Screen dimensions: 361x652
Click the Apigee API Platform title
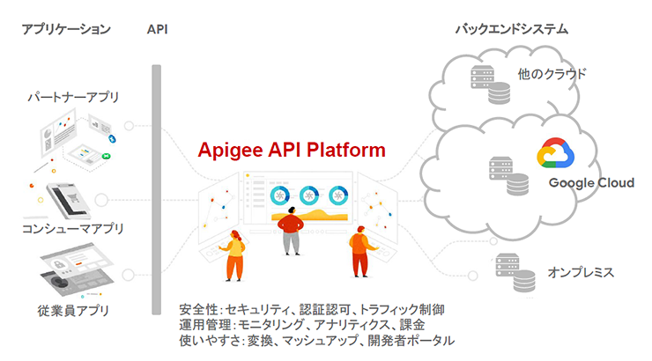point(291,150)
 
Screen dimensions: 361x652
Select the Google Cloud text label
point(590,183)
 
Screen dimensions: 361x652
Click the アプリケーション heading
point(66,29)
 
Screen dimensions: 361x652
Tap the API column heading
point(158,29)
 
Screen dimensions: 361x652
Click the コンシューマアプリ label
point(72,229)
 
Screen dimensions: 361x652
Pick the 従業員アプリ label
point(72,310)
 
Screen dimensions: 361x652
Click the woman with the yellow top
point(234,255)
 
